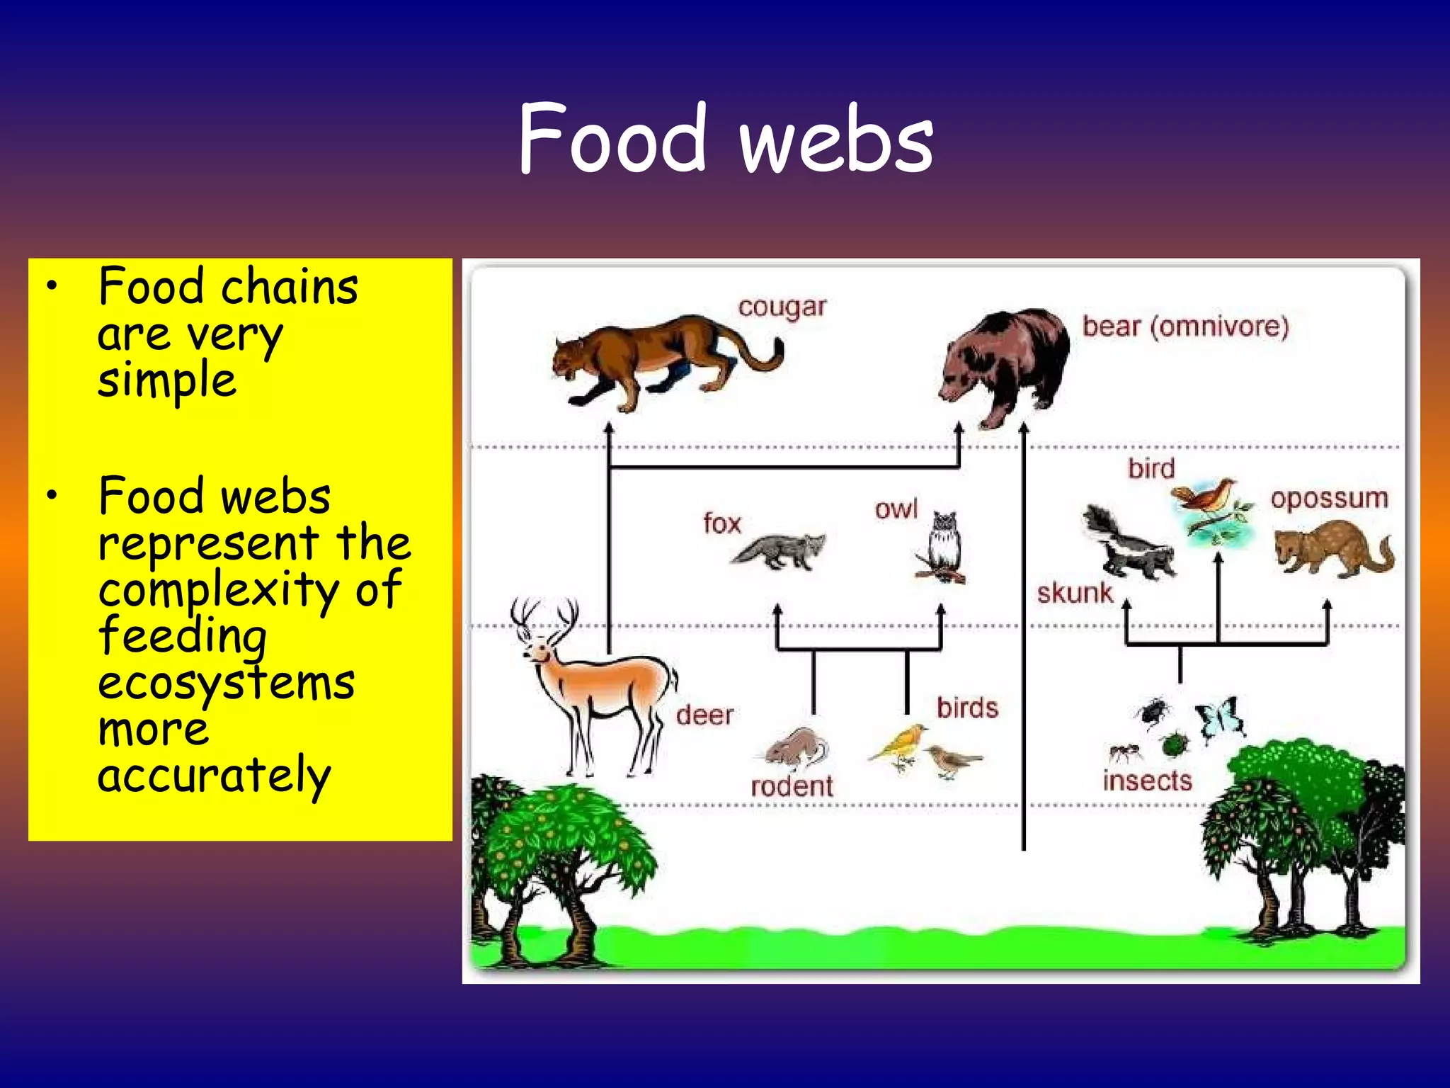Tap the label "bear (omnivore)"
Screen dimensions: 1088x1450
click(1185, 327)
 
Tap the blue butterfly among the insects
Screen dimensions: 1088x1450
click(1219, 717)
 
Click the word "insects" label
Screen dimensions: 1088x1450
click(1147, 781)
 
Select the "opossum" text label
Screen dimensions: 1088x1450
click(1329, 498)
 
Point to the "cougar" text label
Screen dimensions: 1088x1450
click(782, 307)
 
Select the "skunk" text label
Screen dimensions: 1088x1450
click(1074, 593)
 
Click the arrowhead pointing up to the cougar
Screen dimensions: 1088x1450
click(609, 429)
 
